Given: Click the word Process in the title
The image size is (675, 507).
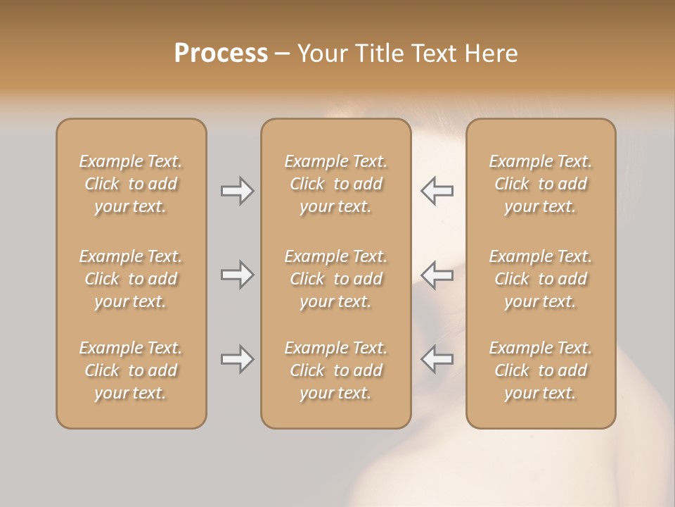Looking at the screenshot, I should (x=221, y=54).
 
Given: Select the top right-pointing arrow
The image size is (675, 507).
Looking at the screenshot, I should (x=237, y=191).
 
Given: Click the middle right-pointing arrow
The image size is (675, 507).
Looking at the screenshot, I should (x=237, y=275).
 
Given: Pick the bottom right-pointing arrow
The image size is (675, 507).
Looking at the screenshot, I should (x=237, y=359).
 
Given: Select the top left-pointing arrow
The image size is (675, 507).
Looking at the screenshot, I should (x=437, y=191).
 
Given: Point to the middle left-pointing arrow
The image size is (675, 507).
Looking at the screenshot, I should (x=437, y=275).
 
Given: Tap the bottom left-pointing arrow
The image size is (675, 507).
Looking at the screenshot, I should (x=437, y=359).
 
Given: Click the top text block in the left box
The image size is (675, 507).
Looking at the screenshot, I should (x=131, y=184).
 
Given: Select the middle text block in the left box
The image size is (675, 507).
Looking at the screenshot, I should (x=131, y=279).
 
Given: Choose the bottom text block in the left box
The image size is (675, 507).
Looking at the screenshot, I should (x=131, y=370).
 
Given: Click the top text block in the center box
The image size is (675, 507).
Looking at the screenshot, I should (x=336, y=184).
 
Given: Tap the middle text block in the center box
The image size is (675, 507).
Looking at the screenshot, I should (x=336, y=279).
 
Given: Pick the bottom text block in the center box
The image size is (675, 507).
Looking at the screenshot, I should (x=336, y=370).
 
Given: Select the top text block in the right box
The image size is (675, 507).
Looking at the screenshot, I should (x=541, y=184).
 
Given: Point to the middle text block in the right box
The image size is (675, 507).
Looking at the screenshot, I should (x=541, y=279).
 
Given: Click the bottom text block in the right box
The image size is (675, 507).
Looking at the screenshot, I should (x=541, y=370).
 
